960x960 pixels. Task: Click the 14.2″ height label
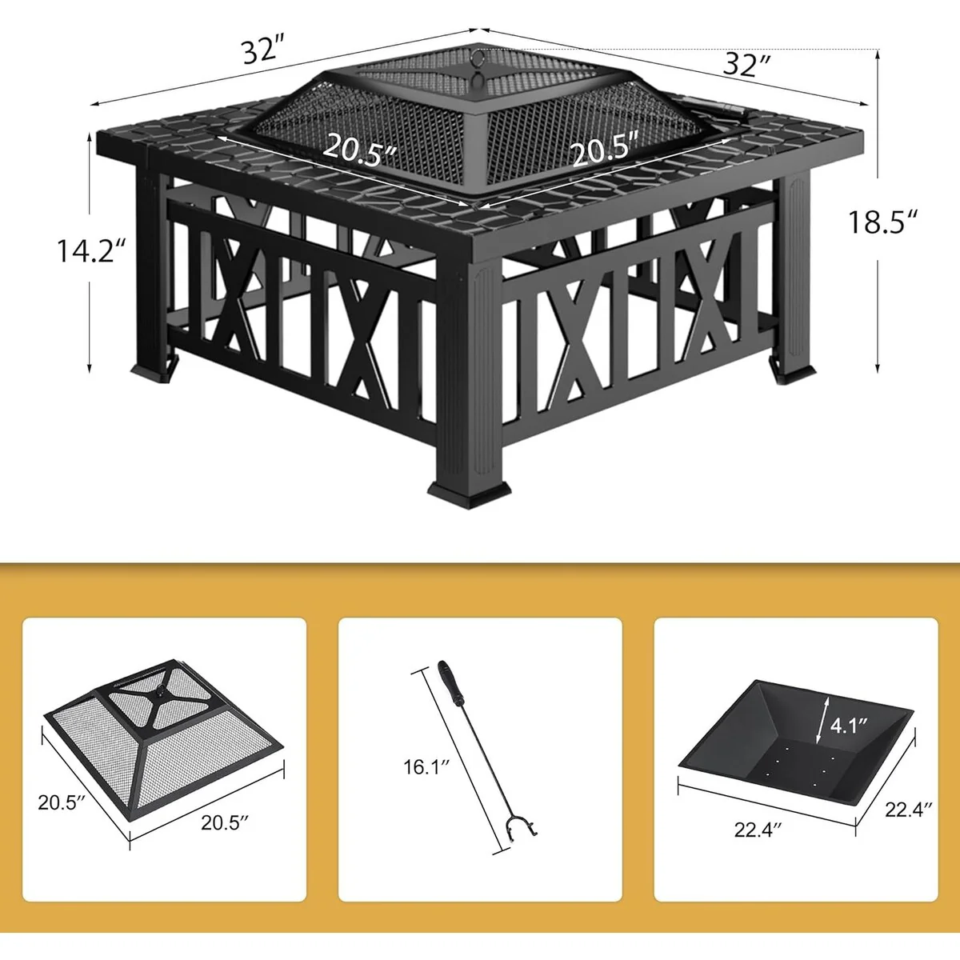90,251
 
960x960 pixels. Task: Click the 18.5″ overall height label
882,222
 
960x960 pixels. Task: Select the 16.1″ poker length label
427,766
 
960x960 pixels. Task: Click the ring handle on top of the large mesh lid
479,58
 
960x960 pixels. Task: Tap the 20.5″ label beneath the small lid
225,822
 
